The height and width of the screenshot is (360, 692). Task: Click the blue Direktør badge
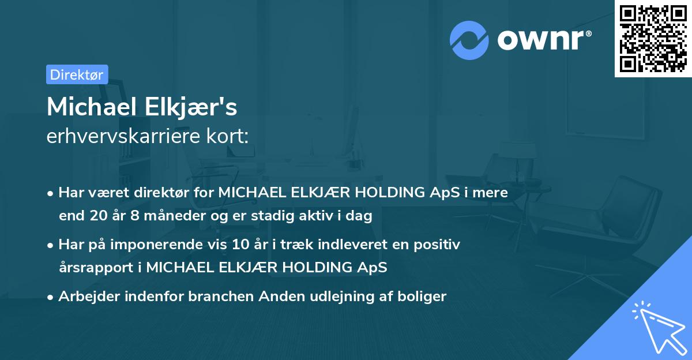coord(77,74)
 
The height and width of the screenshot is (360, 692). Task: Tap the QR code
coord(652,38)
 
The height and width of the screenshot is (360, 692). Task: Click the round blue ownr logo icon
coord(469,40)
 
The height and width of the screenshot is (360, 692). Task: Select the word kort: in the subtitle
coord(231,136)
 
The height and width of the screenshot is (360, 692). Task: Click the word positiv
coord(439,245)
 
